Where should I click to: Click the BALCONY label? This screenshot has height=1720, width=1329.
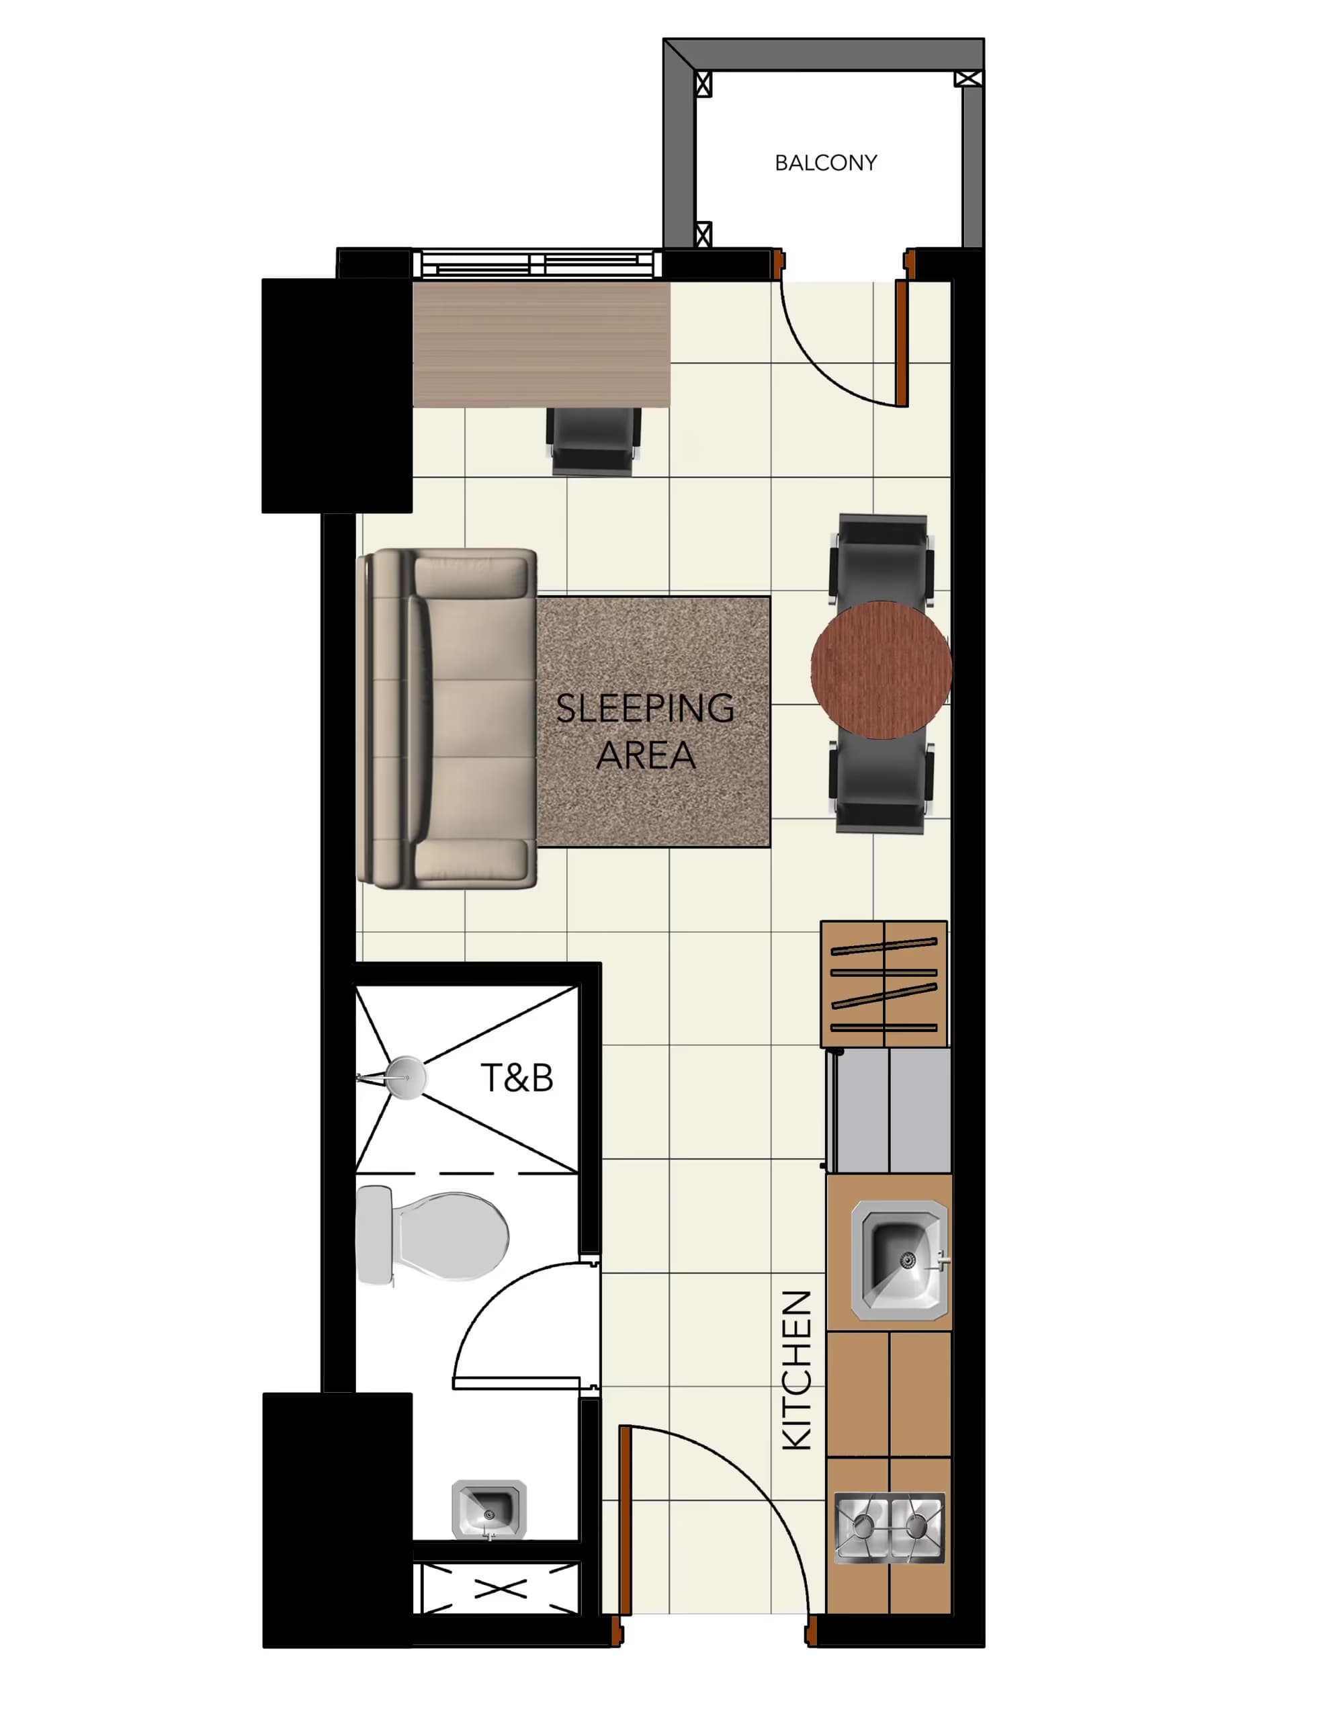(825, 163)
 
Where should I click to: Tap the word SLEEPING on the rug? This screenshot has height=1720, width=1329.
(644, 708)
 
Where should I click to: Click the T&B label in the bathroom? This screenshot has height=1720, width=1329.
(517, 1078)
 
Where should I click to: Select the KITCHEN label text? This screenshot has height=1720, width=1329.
(796, 1371)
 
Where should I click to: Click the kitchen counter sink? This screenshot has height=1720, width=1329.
(898, 1260)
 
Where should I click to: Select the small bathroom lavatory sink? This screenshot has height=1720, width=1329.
(488, 1509)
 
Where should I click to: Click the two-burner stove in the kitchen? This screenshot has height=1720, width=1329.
(889, 1527)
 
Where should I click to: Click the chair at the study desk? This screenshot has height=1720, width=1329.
(594, 441)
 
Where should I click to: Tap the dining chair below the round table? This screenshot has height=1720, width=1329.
(881, 783)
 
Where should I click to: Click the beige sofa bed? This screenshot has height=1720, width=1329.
(447, 718)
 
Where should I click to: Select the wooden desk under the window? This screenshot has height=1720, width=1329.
(542, 344)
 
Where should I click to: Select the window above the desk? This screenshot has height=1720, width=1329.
(538, 264)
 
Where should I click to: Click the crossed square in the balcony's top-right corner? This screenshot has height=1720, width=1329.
(968, 78)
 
